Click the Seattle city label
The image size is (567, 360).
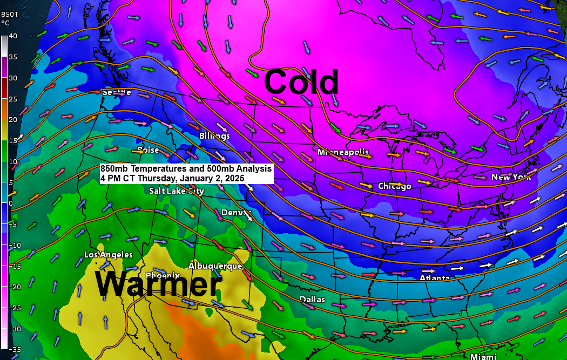coord(117,92)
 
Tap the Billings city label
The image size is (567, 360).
coord(214,135)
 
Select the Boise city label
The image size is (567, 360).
coord(148,150)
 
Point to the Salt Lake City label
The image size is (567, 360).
coord(177,191)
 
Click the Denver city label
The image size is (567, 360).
coord(237,213)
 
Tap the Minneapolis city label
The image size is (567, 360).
coord(343,152)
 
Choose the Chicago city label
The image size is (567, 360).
coord(394,186)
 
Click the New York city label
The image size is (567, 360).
coord(511,177)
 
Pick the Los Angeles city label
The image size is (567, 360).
coord(109,255)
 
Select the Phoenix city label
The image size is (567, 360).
coord(159,275)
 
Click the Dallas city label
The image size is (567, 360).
coord(313,299)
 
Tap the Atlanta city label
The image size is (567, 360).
coord(435,278)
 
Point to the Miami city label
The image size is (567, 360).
coord(483,357)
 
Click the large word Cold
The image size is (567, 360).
coord(301,83)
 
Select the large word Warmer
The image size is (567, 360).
coord(158,284)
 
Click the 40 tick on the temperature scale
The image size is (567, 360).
coord(12,36)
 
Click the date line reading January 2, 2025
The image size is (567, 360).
coord(172,178)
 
